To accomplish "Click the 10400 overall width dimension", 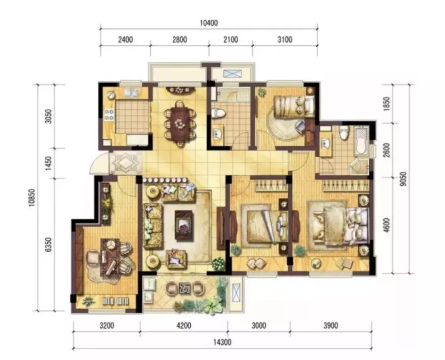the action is pos(209,23).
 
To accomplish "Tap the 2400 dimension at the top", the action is pos(125,40).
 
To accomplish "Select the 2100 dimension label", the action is pos(230,40).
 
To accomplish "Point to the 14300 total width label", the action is pos(222,342).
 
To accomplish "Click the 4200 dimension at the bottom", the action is pos(184,325).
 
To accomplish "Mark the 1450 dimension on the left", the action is pos(49,163).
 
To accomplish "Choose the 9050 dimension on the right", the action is pos(403,179).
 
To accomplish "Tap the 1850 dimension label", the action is pos(386,104).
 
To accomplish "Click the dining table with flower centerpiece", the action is pos(180,123).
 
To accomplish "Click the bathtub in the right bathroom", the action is pos(361,141).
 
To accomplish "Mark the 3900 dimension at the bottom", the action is pos(331,325).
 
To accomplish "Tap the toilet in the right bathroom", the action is pos(344,133).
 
